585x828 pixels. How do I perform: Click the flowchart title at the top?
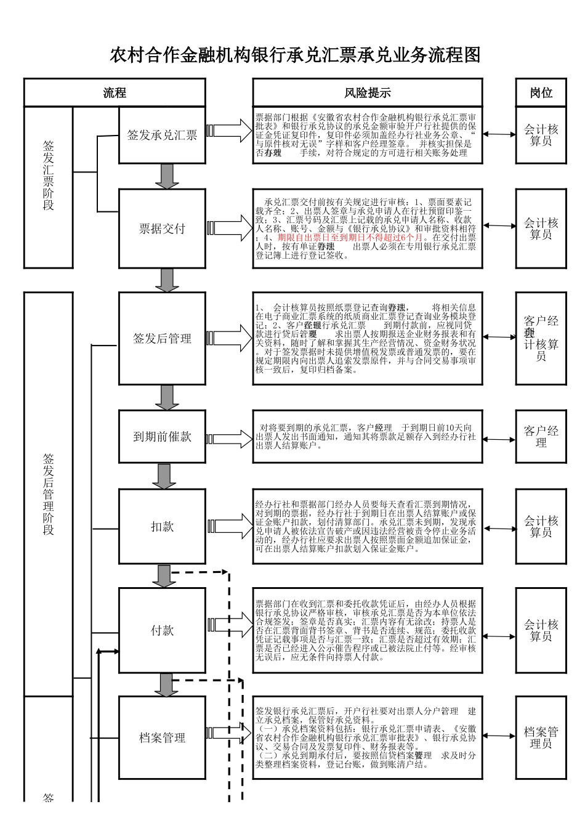coord(295,55)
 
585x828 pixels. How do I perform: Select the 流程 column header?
coord(115,93)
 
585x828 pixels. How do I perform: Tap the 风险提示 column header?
coord(368,93)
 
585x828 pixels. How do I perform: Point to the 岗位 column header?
coord(541,93)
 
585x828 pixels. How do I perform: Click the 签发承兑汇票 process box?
coord(162,136)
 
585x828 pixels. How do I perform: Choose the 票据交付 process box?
coord(162,229)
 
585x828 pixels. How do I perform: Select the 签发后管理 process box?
coord(162,338)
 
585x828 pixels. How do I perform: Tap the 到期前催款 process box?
coord(162,437)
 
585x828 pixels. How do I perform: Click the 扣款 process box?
coord(162,527)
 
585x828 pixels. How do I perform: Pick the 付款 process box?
coord(162,630)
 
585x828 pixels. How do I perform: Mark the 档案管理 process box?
coord(162,737)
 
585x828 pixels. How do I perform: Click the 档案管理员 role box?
coord(541,737)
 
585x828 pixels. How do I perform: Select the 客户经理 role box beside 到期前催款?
coord(541,437)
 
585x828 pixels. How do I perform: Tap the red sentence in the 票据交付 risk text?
coord(350,237)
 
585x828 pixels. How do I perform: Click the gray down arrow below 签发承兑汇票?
coord(166,176)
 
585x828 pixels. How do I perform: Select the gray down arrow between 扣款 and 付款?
coord(164,576)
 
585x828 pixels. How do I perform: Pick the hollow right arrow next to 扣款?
coord(229,527)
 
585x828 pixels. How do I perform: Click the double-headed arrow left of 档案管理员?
coord(499,736)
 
